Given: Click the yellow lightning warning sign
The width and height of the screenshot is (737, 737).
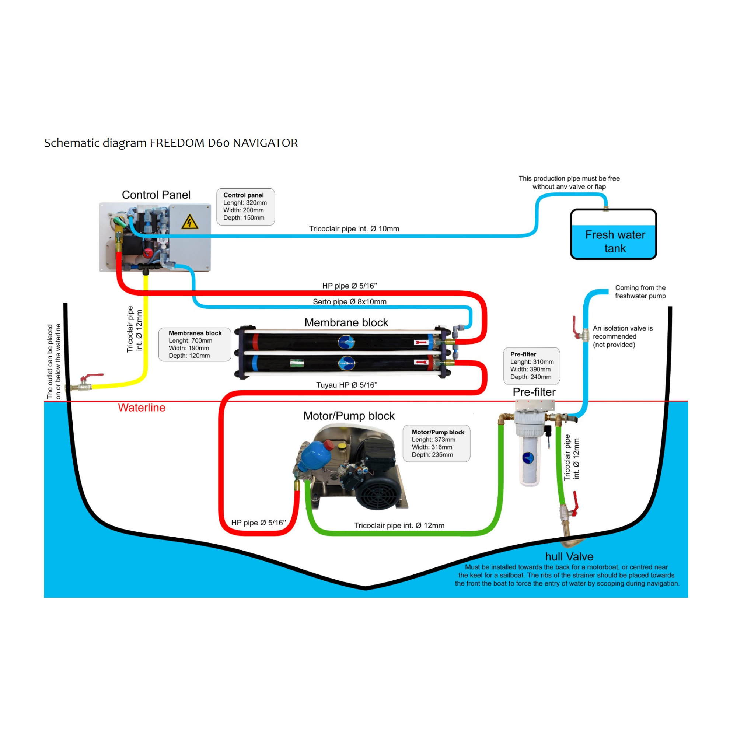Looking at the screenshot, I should (x=189, y=222).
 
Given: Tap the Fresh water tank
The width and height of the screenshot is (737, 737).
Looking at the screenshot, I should (x=614, y=234).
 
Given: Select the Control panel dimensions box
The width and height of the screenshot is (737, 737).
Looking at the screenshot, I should (x=245, y=206).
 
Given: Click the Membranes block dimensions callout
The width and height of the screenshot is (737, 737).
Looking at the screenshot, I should (x=195, y=344).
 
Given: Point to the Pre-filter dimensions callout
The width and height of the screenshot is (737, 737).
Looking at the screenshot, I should (x=531, y=366).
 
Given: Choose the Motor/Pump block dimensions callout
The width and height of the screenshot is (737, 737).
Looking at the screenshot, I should (x=436, y=443).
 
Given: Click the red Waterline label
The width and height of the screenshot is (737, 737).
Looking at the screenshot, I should (x=142, y=408).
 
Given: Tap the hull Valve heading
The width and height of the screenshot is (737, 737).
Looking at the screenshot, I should (x=569, y=556).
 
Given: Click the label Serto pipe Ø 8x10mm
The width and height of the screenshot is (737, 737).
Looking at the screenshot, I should (x=349, y=302).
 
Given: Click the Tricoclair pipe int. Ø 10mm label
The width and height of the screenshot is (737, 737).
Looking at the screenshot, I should (x=354, y=228).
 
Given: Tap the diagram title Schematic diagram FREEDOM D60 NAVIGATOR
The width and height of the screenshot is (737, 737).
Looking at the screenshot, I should (x=171, y=143).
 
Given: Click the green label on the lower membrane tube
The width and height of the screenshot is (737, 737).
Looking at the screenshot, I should (x=297, y=362).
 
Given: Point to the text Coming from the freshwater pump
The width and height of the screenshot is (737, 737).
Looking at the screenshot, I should (x=640, y=292).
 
